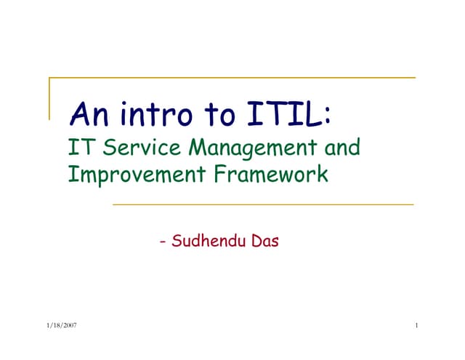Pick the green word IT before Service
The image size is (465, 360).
(x=78, y=148)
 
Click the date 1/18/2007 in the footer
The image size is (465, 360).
(x=60, y=325)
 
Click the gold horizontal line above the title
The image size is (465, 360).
(x=232, y=77)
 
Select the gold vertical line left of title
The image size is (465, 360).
(x=49, y=98)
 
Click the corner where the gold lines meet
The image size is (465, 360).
(x=49, y=77)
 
